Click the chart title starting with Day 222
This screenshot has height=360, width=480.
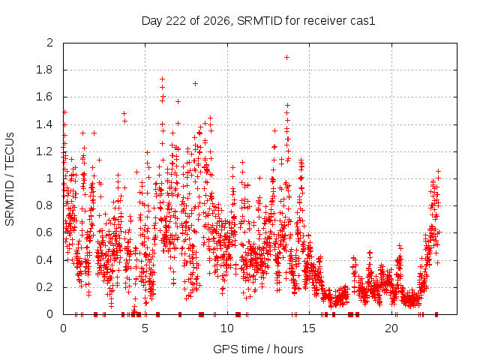[x=258, y=21]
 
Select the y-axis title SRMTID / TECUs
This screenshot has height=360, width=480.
[x=10, y=179]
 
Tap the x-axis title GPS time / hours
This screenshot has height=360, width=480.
[x=258, y=349]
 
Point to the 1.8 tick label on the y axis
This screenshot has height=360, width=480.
[x=44, y=70]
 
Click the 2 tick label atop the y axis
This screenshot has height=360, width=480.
[x=49, y=43]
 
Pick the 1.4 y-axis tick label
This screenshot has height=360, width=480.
[x=44, y=124]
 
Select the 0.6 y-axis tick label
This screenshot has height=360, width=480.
[x=44, y=232]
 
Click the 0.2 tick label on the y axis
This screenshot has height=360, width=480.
[x=44, y=287]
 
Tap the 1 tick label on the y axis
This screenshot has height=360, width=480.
[x=50, y=178]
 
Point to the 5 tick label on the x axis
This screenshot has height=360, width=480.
[x=145, y=328]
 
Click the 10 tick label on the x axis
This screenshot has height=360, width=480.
[x=227, y=328]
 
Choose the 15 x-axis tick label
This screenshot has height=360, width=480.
[x=309, y=328]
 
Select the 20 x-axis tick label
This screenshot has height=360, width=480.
[x=391, y=328]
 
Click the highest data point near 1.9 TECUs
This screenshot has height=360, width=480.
[x=286, y=57]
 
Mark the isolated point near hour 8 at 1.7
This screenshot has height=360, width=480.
[x=195, y=83]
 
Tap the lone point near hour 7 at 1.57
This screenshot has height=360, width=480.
[x=178, y=101]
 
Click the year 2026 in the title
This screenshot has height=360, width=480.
[x=217, y=21]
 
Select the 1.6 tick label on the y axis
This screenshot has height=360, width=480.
[x=44, y=97]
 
